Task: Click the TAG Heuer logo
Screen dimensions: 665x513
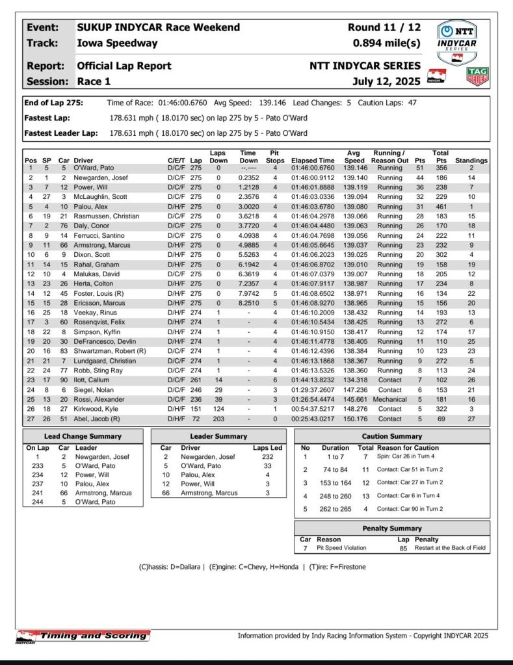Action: pyautogui.click(x=477, y=76)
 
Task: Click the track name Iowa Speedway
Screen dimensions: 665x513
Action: pyautogui.click(x=117, y=43)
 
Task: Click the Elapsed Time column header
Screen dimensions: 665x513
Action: pyautogui.click(x=313, y=160)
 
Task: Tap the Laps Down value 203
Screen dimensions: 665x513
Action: pyautogui.click(x=218, y=419)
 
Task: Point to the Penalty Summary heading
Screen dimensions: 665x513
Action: pyautogui.click(x=392, y=528)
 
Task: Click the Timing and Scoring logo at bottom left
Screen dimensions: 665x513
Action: pyautogui.click(x=82, y=636)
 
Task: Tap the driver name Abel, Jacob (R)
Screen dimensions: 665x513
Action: pyautogui.click(x=100, y=419)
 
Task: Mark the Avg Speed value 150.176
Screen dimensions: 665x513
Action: pyautogui.click(x=354, y=419)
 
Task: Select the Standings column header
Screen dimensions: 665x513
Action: pyautogui.click(x=471, y=160)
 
